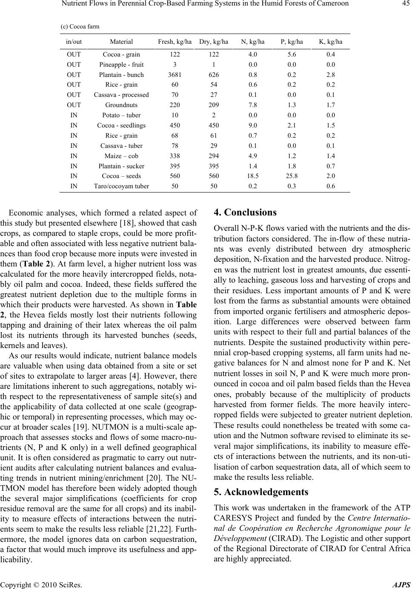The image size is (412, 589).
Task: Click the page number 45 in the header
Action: coord(404,5)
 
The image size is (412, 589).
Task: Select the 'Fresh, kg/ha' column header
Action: coord(175,42)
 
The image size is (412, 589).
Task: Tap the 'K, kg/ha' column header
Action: coord(330,42)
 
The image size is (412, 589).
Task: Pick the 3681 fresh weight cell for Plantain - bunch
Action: coord(175,75)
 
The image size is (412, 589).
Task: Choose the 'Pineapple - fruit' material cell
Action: coord(121,65)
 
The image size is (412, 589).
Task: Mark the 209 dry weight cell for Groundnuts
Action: coord(214,105)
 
